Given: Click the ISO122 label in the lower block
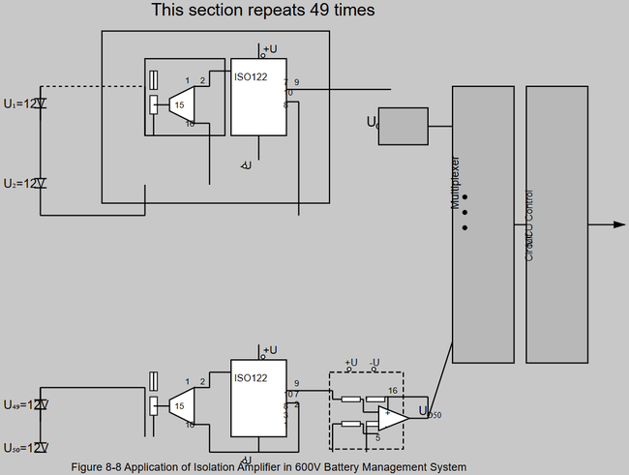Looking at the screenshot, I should click(x=250, y=377).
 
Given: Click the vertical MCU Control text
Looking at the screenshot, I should click(x=529, y=224).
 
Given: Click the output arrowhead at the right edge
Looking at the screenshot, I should click(x=619, y=224).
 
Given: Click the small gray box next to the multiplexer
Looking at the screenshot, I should click(x=403, y=126).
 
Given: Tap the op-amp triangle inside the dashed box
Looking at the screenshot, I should click(x=392, y=416).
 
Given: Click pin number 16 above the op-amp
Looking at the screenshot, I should click(x=392, y=391).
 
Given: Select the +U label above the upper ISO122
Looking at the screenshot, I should click(x=270, y=48).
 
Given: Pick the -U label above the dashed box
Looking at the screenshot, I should click(x=374, y=363).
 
